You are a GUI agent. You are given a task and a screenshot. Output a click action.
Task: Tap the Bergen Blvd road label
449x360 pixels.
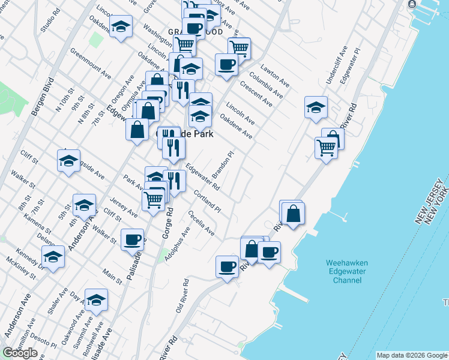tap(43, 97)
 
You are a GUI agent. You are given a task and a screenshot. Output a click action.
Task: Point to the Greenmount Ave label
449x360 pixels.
tap(91, 64)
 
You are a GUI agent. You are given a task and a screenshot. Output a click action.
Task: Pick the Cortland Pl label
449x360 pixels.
tap(208, 201)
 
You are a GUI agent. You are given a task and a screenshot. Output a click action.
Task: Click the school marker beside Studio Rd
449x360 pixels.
tap(121, 26)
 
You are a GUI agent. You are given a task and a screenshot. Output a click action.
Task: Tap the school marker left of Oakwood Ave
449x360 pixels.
tap(96, 299)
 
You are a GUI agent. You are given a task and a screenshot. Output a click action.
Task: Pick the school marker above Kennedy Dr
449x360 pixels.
tap(53, 256)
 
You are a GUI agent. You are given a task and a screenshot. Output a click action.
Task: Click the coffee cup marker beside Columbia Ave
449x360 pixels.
tap(226, 64)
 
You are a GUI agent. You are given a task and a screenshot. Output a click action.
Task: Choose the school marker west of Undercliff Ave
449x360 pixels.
tap(316, 107)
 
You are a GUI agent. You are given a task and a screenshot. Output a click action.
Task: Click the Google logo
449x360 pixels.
tap(20, 353)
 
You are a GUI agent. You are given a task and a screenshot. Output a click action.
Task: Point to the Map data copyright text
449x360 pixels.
tap(411, 355)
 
